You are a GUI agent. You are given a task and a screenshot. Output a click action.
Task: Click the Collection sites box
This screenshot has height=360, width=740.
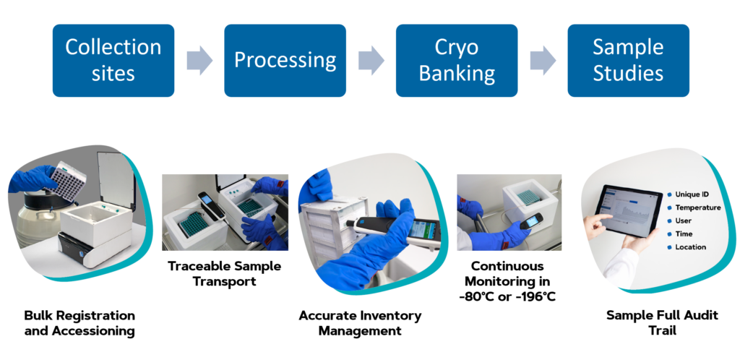[x=113, y=61]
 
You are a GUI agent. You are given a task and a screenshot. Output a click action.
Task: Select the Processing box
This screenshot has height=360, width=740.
[x=285, y=61]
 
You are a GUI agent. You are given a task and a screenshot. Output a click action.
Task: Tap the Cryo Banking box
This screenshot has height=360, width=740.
[x=457, y=61]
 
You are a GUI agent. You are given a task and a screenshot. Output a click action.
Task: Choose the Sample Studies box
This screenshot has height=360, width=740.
[x=628, y=61]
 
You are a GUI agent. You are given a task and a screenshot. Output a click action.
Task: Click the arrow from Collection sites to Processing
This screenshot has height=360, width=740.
[x=199, y=61]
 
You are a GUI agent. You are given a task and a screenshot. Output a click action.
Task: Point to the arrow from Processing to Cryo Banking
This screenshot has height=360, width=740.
[x=371, y=61]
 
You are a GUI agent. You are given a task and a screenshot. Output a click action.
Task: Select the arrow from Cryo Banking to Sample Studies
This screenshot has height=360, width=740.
[x=543, y=61]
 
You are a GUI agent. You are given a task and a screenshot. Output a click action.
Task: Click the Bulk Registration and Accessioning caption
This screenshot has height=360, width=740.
[x=79, y=323]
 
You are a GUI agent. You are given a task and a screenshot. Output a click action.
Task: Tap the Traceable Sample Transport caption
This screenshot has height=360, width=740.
[x=225, y=273]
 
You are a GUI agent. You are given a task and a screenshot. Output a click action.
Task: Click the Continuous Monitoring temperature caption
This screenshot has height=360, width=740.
[x=507, y=280]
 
